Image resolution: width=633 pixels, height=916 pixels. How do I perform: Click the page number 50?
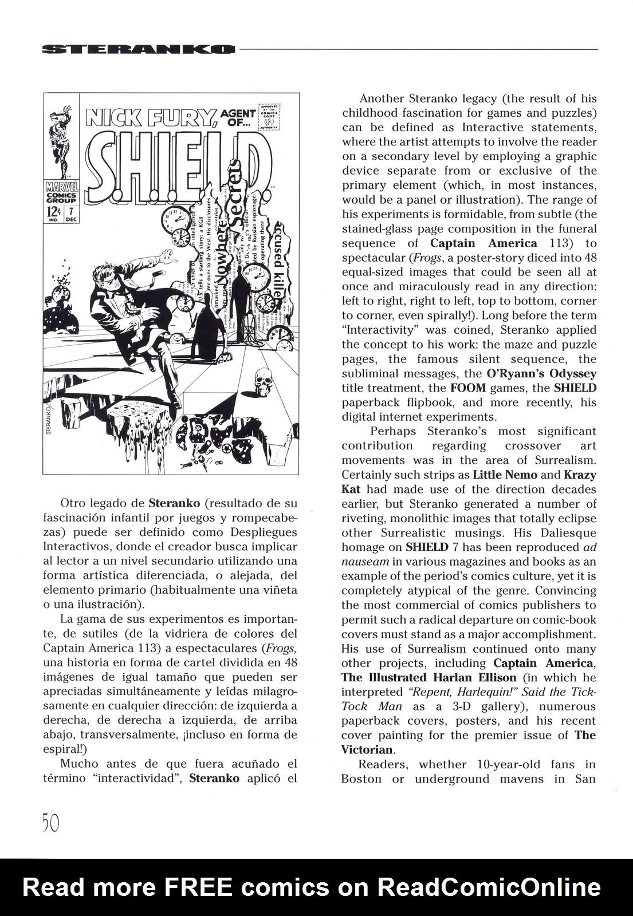(x=50, y=823)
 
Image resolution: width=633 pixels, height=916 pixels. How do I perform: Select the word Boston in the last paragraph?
(x=360, y=779)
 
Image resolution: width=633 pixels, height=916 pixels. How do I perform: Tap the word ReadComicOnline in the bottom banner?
(x=490, y=887)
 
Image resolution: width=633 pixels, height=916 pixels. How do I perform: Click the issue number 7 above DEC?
(x=71, y=210)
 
